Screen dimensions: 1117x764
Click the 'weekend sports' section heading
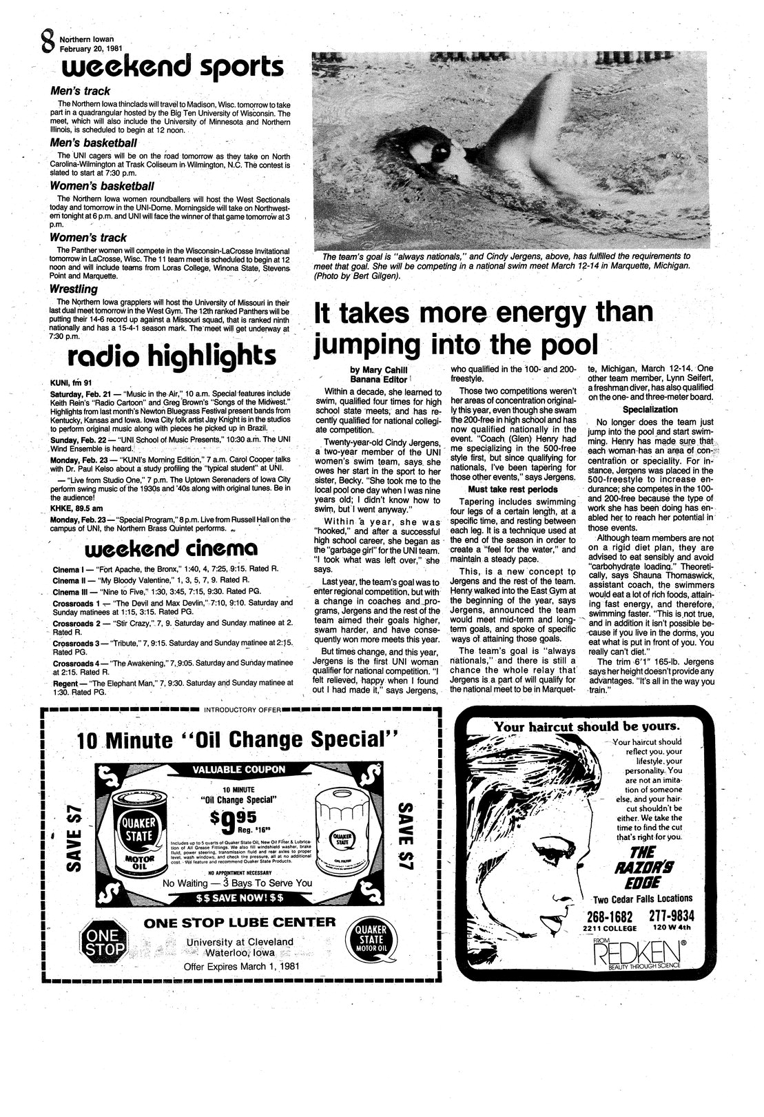click(172, 69)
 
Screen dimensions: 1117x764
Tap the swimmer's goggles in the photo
click(440, 155)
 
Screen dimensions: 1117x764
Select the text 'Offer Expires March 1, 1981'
click(240, 966)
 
